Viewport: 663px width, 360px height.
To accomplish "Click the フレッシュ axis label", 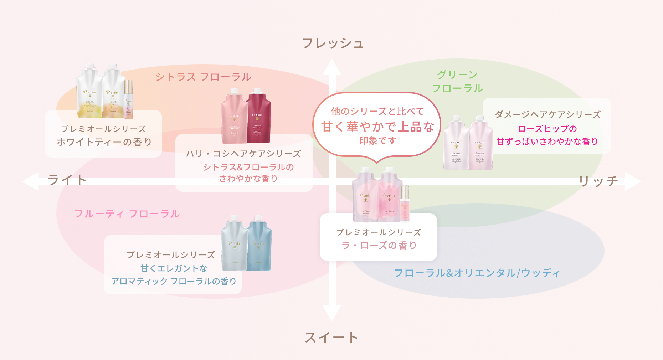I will [333, 43].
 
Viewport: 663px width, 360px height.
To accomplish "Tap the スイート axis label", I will [331, 337].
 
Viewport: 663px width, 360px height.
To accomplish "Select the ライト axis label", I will [67, 180].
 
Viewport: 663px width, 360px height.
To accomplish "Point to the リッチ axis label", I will [598, 181].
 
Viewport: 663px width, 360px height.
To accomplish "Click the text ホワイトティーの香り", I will [104, 142].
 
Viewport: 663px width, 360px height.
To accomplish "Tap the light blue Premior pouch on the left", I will [234, 244].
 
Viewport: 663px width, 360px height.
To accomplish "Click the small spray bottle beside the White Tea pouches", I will [128, 100].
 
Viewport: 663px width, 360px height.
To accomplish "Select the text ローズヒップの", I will [547, 129].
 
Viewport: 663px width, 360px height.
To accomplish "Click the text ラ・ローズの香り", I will [379, 245].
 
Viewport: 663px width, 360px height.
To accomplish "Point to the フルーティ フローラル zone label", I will [127, 214].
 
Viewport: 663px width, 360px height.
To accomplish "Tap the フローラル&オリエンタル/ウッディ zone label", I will [477, 273].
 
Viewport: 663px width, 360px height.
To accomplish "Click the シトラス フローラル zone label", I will [203, 77].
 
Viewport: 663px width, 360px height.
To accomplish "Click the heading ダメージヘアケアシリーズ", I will [548, 114].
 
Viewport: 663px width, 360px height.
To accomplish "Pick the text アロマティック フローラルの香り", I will [174, 281].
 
